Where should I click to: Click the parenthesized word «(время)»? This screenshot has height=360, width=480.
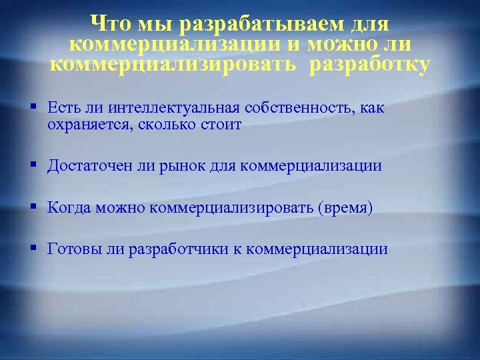click(x=347, y=207)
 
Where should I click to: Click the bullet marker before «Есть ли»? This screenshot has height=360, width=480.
click(x=33, y=107)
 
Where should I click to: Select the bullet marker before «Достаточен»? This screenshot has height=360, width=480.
click(x=33, y=165)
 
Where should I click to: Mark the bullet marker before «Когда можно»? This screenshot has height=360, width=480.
click(x=33, y=207)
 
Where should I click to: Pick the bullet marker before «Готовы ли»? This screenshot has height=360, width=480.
click(x=33, y=248)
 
